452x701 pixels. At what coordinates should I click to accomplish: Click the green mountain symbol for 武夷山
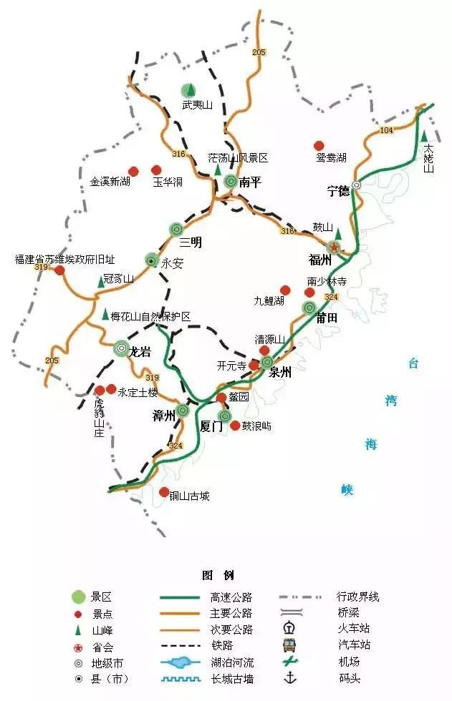tap(188, 90)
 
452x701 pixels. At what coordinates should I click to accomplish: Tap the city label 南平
tap(250, 182)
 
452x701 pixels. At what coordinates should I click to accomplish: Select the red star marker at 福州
tap(335, 247)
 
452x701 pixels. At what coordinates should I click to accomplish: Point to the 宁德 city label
tap(338, 191)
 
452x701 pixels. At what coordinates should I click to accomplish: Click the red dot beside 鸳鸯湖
tap(319, 145)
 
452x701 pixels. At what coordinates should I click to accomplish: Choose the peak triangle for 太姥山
tap(425, 136)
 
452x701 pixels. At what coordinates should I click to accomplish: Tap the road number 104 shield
tap(387, 130)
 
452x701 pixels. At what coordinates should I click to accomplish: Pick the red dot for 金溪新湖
tap(133, 171)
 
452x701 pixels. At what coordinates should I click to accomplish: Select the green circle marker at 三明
tap(176, 229)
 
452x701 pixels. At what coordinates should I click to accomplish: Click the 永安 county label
tap(173, 263)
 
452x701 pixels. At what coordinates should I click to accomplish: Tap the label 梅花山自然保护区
tap(153, 315)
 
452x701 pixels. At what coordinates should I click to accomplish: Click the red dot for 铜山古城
tap(165, 492)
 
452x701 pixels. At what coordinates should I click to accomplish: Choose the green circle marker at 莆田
tap(309, 308)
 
